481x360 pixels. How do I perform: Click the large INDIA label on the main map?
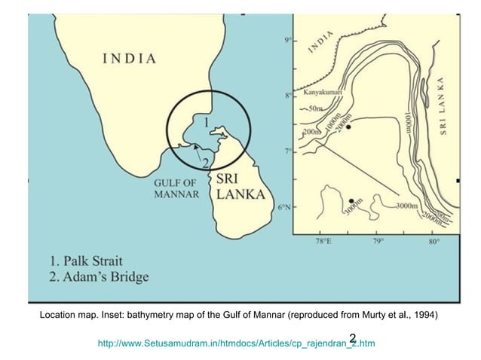130,58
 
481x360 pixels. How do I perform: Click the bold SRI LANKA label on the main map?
240,187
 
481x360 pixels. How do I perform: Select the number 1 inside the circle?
206,121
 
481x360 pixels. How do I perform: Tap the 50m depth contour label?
317,110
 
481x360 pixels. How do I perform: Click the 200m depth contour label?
311,133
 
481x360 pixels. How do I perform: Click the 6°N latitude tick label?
286,206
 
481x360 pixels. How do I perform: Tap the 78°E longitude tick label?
322,242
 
